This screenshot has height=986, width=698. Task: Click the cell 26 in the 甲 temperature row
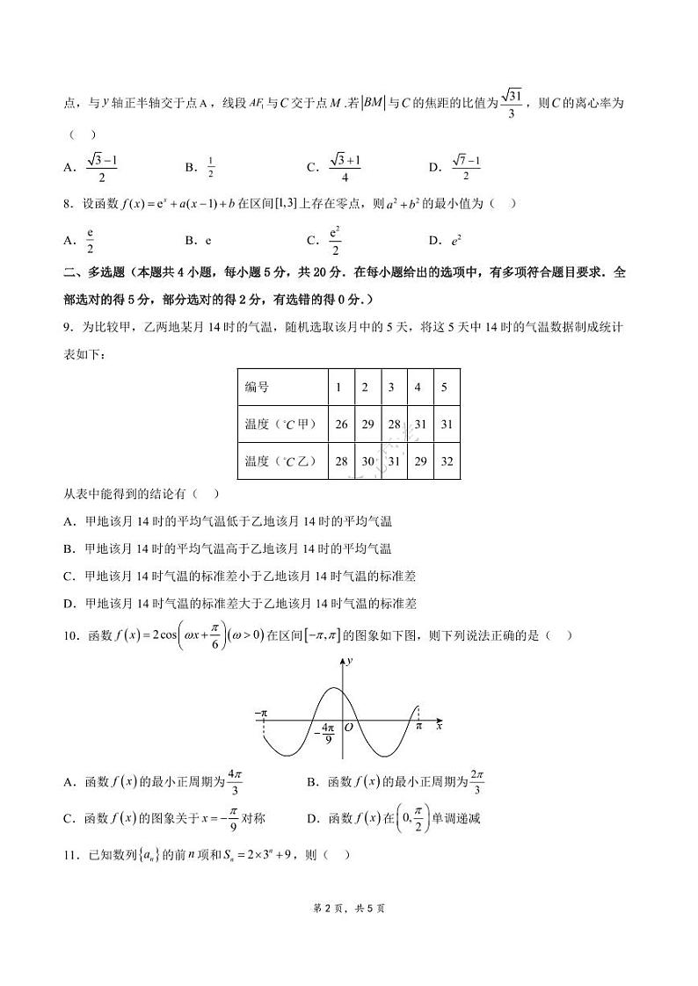(342, 424)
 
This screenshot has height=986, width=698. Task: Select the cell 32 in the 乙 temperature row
(447, 461)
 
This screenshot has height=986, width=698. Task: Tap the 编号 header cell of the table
(257, 388)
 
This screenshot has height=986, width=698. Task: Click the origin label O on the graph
(349, 727)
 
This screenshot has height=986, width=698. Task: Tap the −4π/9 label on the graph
(327, 734)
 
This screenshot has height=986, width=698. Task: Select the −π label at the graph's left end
(260, 714)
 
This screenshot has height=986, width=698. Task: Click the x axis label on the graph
(438, 726)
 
